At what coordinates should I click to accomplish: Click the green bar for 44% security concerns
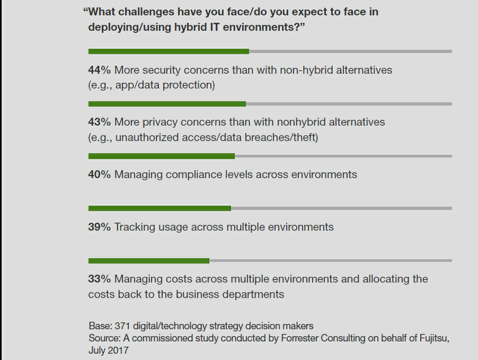169,51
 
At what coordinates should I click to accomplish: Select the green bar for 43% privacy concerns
167,104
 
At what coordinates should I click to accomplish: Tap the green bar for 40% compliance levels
161,156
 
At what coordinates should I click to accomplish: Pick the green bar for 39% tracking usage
160,208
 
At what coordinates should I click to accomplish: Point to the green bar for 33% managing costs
148,260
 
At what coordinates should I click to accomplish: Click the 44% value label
99,70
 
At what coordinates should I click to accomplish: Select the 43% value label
99,122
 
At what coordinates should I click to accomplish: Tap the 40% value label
99,174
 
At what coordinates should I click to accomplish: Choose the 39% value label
99,227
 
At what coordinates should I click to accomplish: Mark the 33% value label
99,279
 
